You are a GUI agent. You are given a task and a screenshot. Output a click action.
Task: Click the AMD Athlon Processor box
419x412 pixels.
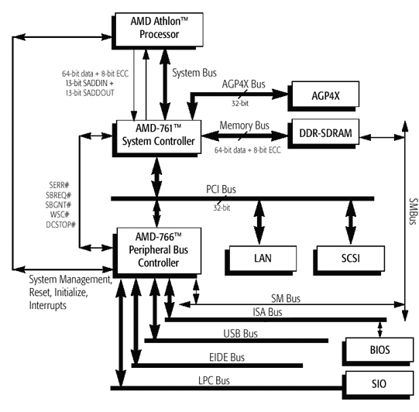157,31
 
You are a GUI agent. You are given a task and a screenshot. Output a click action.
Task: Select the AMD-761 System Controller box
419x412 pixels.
156,138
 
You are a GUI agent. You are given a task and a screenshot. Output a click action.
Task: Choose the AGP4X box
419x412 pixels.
323,96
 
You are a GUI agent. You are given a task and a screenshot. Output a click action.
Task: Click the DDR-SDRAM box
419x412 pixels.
323,134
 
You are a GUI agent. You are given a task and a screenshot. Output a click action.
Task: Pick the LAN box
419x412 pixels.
261,260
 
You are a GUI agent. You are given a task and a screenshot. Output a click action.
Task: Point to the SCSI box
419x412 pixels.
349,260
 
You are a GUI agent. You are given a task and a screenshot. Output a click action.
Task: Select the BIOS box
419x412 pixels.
378,352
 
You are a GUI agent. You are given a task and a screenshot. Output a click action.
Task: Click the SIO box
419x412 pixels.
378,385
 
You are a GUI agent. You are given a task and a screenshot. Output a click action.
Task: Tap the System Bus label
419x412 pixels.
194,73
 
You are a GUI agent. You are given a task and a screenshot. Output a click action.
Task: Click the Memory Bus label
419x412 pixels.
244,125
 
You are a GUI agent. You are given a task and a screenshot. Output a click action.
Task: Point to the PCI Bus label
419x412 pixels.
221,190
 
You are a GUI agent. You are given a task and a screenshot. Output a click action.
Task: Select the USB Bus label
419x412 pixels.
241,334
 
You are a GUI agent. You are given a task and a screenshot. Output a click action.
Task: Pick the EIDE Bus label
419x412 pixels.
227,358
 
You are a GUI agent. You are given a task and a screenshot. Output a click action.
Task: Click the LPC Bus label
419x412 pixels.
214,381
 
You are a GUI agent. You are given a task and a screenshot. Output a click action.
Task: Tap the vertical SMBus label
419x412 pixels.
413,211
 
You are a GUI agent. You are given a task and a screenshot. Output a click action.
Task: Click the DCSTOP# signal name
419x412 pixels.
60,225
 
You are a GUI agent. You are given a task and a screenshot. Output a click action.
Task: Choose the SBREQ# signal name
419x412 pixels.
59,195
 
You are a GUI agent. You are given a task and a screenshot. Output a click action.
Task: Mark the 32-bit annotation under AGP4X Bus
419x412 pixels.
240,104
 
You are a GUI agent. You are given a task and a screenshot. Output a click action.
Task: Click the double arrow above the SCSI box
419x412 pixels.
351,222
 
